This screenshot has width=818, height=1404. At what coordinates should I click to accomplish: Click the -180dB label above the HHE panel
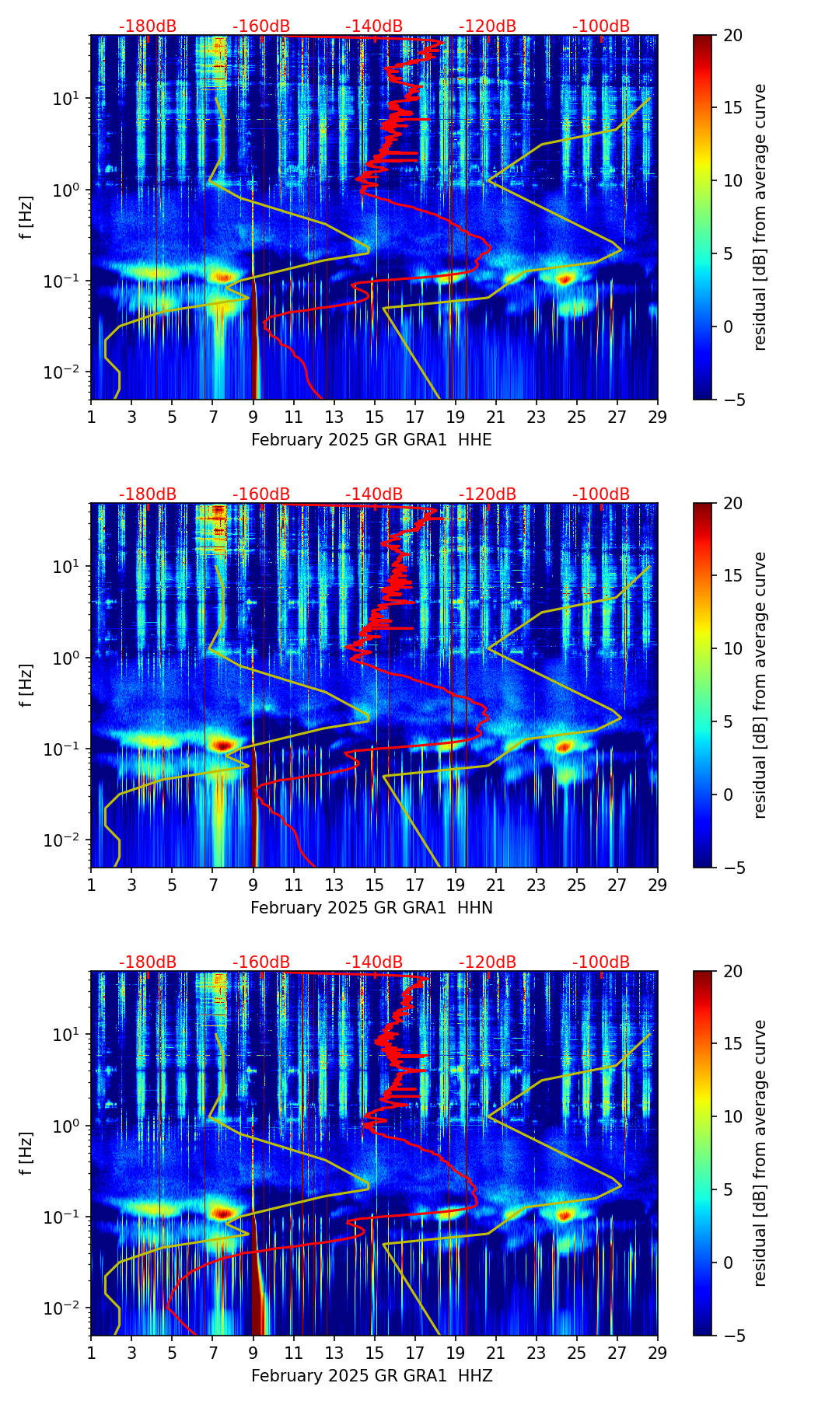tap(148, 26)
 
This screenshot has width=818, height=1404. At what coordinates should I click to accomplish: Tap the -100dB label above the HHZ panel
tap(601, 962)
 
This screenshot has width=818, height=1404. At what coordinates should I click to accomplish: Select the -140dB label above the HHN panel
tap(374, 494)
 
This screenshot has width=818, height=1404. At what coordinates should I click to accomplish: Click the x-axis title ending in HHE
tap(371, 440)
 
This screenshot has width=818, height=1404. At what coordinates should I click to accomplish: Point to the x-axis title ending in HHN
tap(371, 908)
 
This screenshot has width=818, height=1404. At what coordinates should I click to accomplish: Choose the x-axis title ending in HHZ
tap(371, 1376)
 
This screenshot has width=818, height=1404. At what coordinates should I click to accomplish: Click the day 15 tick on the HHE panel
tap(375, 416)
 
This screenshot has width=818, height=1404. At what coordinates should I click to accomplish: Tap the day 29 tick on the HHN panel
tap(658, 884)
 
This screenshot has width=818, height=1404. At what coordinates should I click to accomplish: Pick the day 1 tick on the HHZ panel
tap(91, 1352)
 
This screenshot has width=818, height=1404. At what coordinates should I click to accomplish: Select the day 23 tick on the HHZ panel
tap(537, 1352)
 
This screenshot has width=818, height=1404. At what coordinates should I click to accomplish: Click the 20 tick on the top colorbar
tap(732, 35)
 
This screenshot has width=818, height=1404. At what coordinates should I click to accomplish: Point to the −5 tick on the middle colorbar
tap(732, 868)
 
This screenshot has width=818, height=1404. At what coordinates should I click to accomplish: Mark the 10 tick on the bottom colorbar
tap(732, 1116)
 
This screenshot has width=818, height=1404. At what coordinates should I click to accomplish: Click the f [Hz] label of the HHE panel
tap(26, 218)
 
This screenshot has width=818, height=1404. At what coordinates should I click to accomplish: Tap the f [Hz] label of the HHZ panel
tap(26, 1154)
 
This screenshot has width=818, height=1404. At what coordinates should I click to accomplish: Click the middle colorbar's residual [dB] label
tap(760, 685)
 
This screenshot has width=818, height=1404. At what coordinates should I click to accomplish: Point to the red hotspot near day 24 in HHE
tap(565, 278)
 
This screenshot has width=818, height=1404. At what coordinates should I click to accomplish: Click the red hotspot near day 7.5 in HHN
tap(223, 745)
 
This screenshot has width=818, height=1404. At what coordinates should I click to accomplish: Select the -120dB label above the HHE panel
tap(488, 26)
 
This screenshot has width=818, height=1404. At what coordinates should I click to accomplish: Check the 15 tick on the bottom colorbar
tap(732, 1043)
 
